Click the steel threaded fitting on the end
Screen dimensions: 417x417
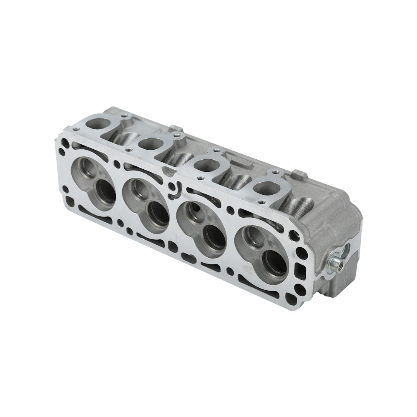337,264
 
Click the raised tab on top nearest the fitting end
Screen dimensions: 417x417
299,172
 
